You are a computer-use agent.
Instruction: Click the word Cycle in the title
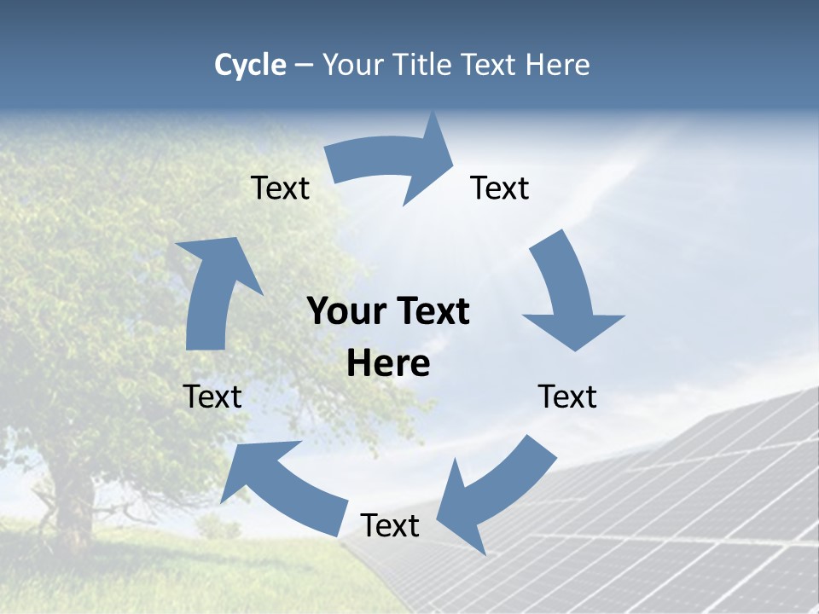pyautogui.click(x=250, y=65)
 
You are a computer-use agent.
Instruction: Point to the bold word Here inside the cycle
pyautogui.click(x=388, y=363)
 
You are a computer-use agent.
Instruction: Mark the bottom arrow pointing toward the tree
pyautogui.click(x=282, y=486)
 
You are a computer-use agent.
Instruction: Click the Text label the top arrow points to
pyautogui.click(x=500, y=188)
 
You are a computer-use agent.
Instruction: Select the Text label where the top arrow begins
pyautogui.click(x=280, y=188)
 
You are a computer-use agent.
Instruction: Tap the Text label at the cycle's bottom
pyautogui.click(x=390, y=525)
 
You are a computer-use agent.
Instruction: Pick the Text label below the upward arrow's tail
pyautogui.click(x=212, y=397)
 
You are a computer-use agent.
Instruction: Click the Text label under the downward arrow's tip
pyautogui.click(x=567, y=397)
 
